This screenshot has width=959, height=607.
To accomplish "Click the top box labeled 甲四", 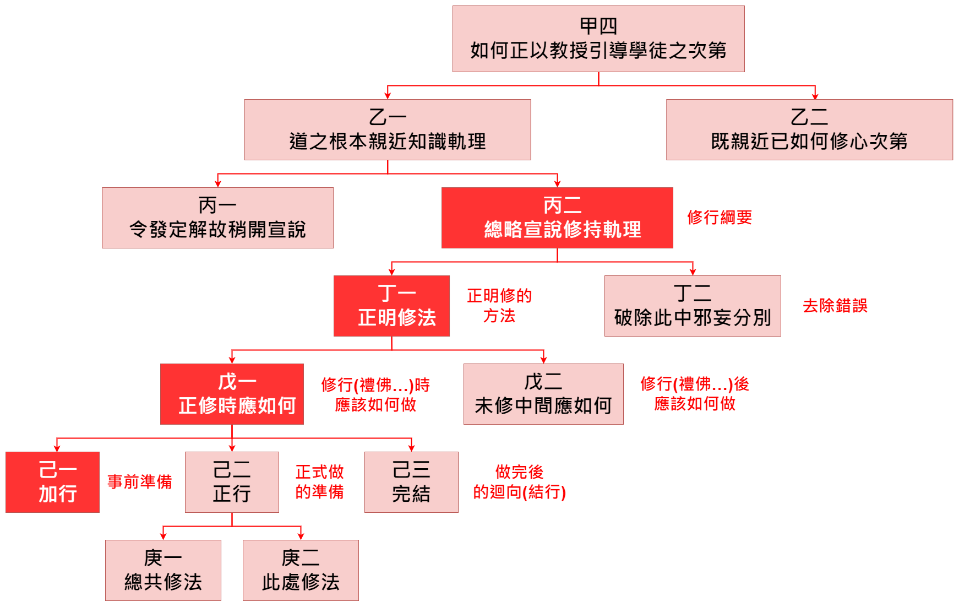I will [598, 39].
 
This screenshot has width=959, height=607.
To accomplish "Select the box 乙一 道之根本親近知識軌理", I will [387, 130].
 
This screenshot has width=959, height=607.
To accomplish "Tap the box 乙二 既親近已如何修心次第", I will [809, 130].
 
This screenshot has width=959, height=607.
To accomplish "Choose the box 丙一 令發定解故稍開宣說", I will [217, 218].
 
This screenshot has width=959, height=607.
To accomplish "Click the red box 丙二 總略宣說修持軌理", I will [557, 218].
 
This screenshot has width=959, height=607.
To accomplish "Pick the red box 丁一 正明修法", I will [391, 306].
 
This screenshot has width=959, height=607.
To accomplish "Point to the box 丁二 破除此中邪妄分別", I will [692, 306].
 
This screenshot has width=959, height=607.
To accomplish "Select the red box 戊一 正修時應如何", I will [232, 394].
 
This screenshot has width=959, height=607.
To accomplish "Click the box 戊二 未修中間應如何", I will [543, 394].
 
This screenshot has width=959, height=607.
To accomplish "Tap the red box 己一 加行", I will [53, 483].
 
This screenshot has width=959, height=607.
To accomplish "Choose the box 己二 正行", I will [232, 483].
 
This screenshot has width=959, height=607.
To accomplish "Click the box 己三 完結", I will [411, 483].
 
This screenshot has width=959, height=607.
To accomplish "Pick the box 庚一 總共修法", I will [163, 571].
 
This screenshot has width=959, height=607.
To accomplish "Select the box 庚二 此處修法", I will [301, 571].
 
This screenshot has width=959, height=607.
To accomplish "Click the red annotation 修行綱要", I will [720, 218].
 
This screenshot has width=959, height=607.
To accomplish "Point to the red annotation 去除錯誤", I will [835, 306].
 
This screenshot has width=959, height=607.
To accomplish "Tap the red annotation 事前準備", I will [139, 482].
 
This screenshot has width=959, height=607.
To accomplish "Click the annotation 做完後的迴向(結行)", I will [519, 482].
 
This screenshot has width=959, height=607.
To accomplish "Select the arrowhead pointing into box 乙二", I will [815, 96].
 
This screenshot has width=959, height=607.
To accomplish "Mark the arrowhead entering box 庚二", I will [301, 536].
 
